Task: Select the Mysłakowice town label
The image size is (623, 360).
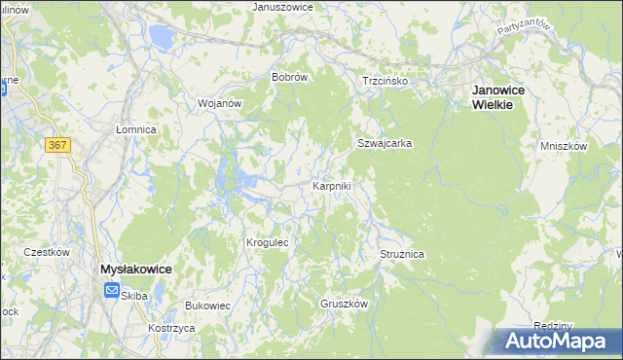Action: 136,269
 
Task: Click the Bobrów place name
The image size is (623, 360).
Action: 290,77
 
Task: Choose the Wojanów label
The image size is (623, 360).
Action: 219,102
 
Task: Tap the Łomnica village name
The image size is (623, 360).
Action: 136,128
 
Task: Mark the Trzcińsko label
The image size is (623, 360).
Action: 385,81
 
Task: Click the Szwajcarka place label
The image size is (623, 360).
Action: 384,143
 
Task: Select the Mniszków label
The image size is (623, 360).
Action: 564,146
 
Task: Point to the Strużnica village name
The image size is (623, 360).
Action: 402,254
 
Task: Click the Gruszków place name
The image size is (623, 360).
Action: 344,304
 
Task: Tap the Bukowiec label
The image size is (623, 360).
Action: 207,306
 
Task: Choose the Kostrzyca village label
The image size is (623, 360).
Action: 171,329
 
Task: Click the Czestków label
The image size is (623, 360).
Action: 47,252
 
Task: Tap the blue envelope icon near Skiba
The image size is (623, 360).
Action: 112,291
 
